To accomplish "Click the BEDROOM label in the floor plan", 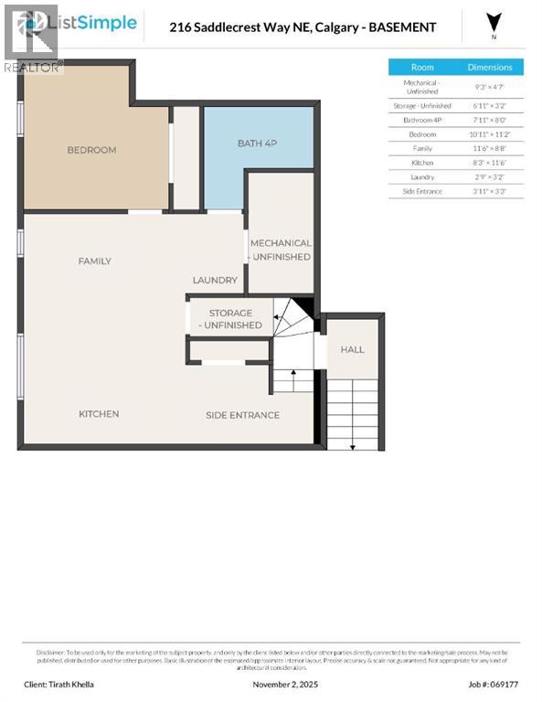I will (91, 150).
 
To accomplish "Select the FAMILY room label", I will (94, 261).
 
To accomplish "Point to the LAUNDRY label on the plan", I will (215, 281).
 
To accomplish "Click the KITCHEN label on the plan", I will (99, 414).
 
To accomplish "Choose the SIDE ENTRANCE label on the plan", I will (242, 415).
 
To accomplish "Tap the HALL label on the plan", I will (352, 349).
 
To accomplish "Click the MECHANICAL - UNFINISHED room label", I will (281, 250).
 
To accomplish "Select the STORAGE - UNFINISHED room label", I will (229, 319).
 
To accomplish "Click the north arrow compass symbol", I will (494, 22).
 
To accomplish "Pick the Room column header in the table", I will (422, 67).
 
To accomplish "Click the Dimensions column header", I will (490, 67).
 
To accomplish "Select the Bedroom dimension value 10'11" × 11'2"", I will (490, 133).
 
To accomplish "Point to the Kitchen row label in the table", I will (422, 162).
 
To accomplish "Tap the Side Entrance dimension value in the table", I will (490, 190).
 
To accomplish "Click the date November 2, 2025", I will (284, 683).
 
